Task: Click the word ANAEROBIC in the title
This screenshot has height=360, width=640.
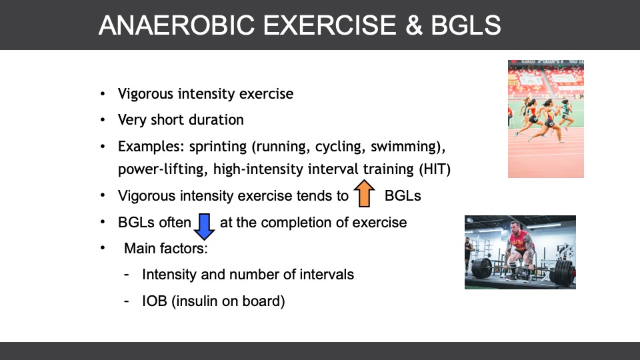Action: pyautogui.click(x=177, y=25)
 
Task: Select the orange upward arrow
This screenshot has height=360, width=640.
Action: pyautogui.click(x=364, y=193)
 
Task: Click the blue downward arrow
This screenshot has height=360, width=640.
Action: pyautogui.click(x=204, y=227)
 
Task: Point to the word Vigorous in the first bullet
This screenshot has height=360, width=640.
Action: pyautogui.click(x=146, y=94)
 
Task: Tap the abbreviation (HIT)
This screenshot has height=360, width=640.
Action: pyautogui.click(x=435, y=169)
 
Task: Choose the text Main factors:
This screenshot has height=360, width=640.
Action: pyautogui.click(x=166, y=248)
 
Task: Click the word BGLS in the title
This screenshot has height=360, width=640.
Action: pyautogui.click(x=466, y=25)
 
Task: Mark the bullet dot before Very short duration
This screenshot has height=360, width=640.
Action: pyautogui.click(x=103, y=120)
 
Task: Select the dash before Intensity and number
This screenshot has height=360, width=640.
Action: pyautogui.click(x=127, y=275)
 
